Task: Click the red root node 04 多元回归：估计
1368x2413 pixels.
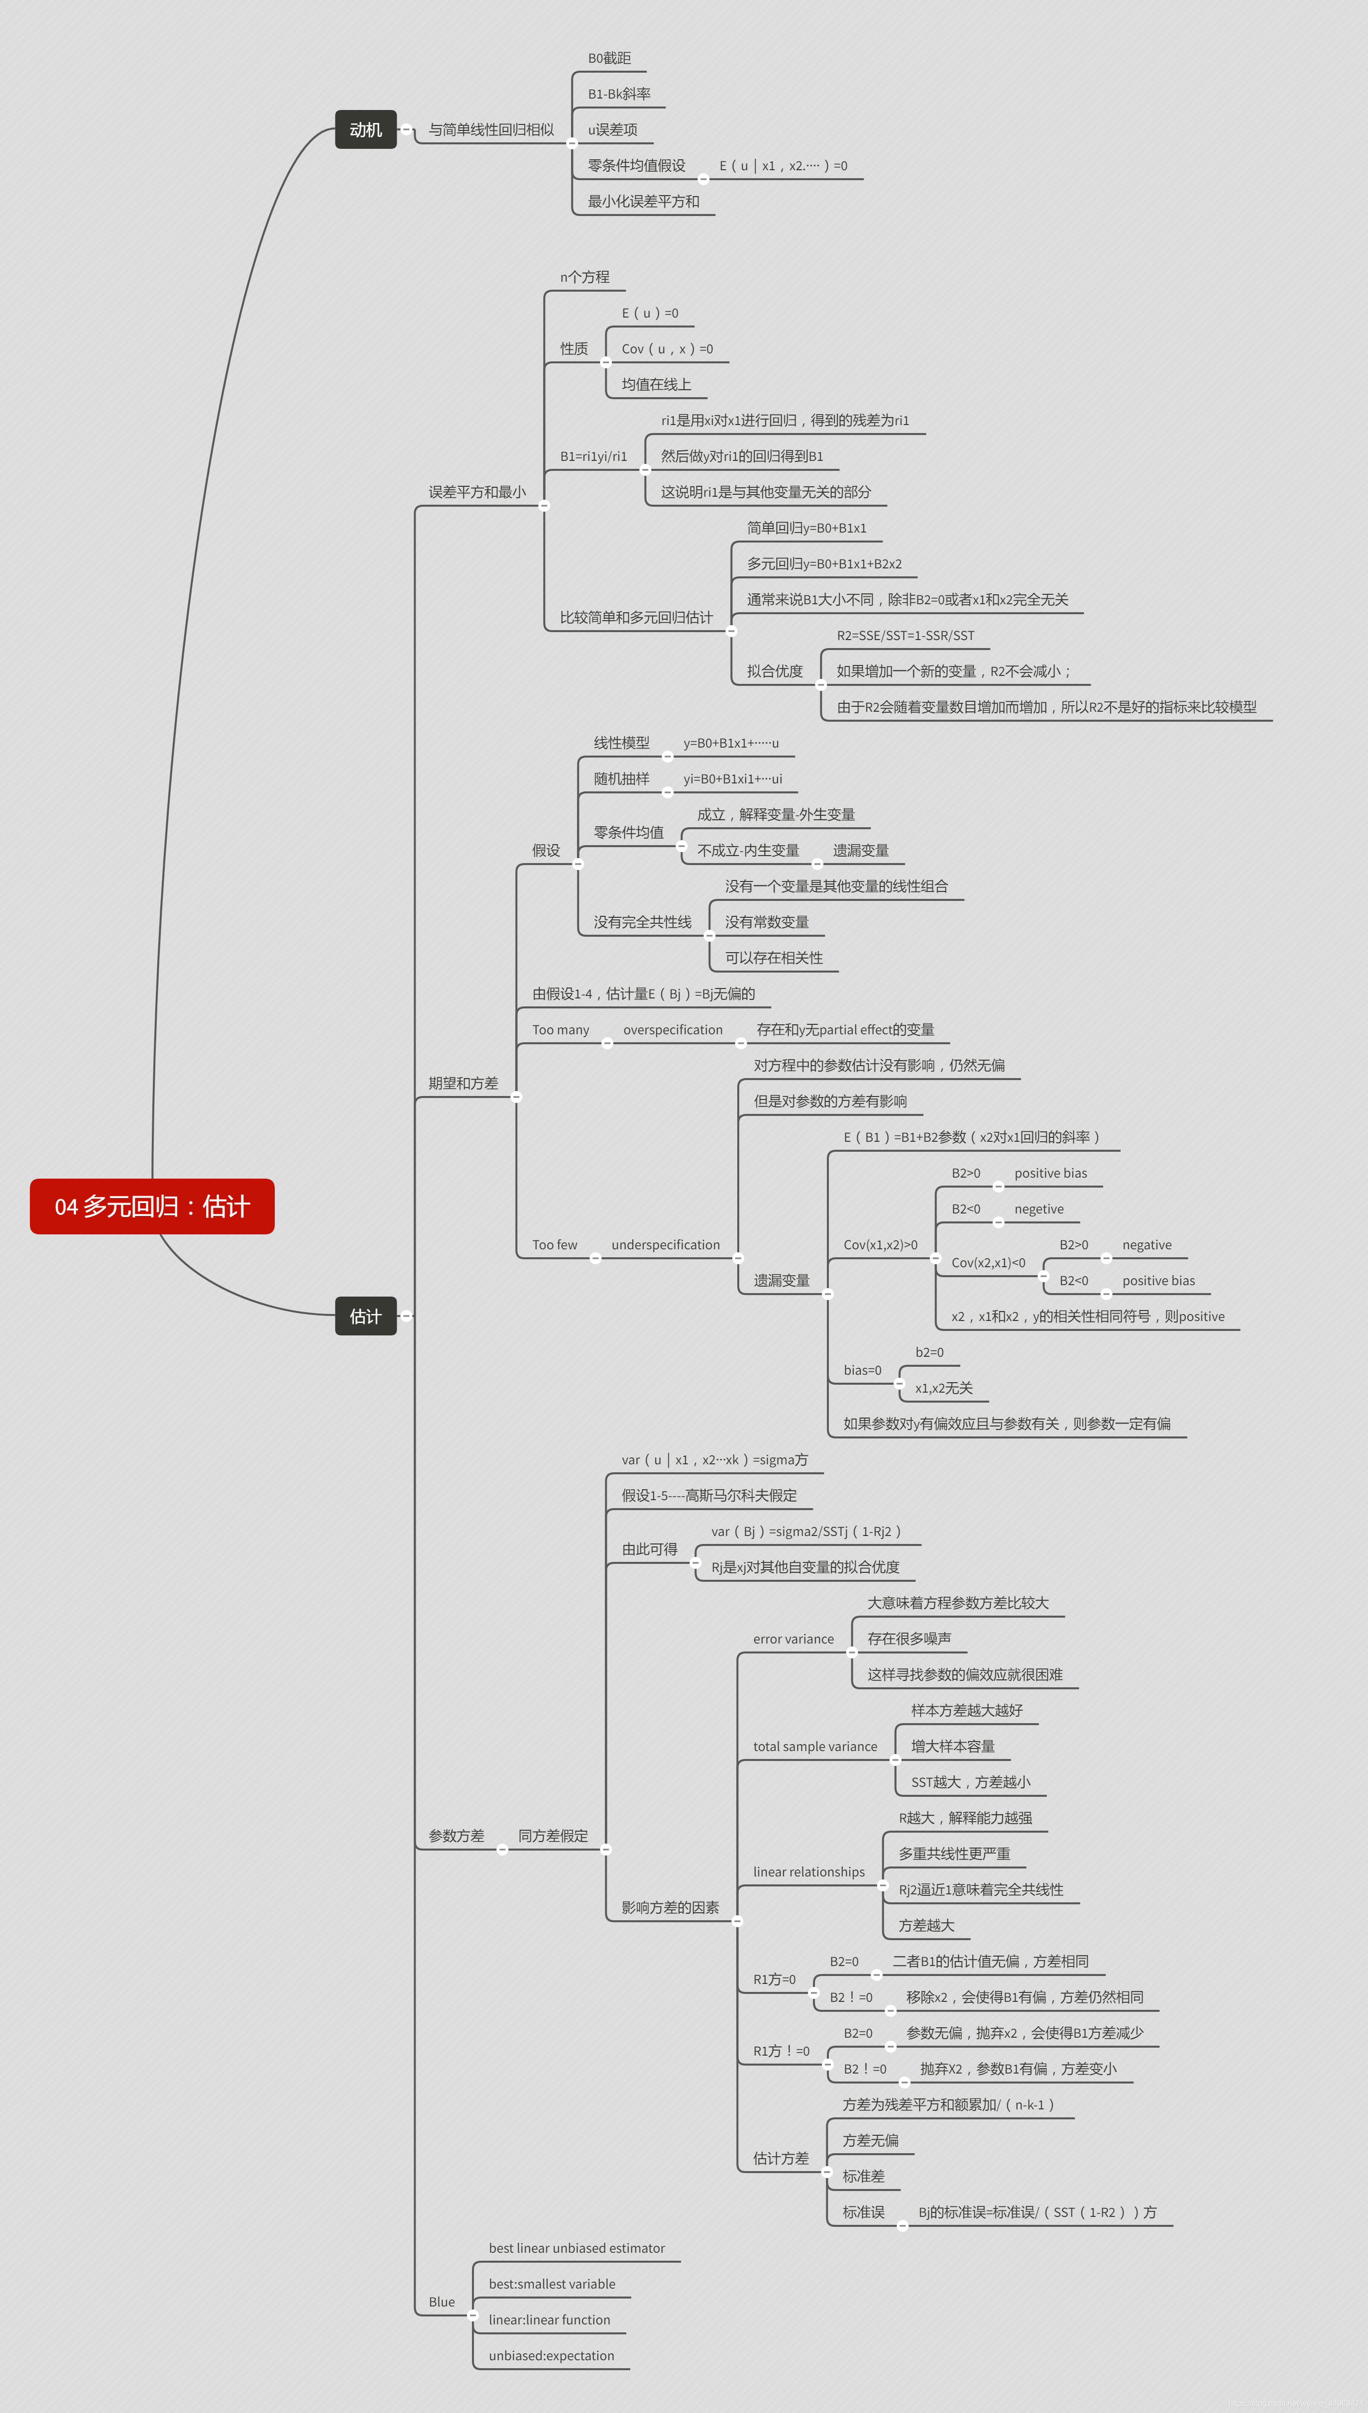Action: click(152, 1206)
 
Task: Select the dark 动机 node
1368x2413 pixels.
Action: click(365, 129)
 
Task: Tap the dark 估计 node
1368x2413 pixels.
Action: click(365, 1316)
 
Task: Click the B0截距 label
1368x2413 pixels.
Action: click(609, 58)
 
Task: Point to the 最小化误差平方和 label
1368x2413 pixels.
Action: click(644, 201)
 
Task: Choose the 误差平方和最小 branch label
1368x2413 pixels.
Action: click(476, 492)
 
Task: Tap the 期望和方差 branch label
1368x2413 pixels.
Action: click(463, 1083)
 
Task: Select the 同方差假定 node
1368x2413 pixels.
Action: click(553, 1835)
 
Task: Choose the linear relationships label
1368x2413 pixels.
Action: click(808, 1872)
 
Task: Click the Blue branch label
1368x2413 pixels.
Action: click(442, 2302)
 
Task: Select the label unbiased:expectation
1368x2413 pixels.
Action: click(551, 2356)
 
